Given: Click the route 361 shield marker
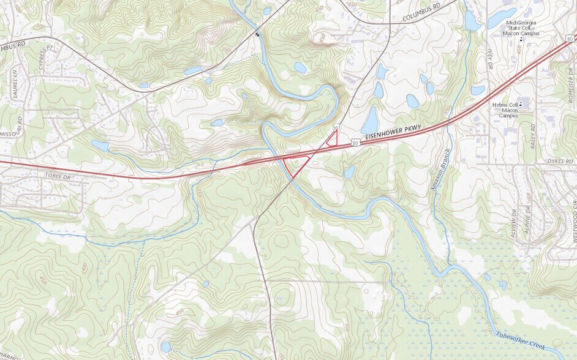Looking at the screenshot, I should click(336, 127).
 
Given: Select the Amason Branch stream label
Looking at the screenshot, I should click(441, 171).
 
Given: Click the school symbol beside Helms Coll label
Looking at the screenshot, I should click(521, 105).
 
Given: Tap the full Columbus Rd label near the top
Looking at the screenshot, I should click(421, 16).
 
